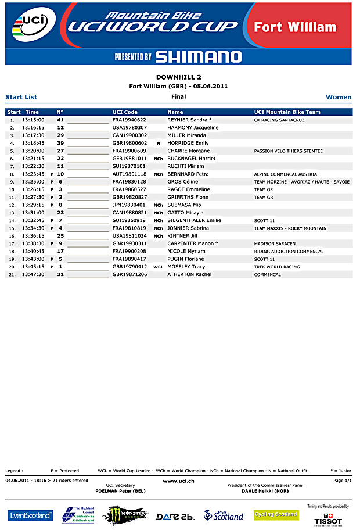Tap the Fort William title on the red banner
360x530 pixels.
295,27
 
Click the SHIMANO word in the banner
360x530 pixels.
198,56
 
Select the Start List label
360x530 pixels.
21,97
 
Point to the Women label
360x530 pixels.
339,97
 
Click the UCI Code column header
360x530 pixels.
125,112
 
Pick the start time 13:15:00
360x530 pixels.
33,120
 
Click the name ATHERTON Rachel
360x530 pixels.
189,274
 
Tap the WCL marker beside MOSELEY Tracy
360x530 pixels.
159,267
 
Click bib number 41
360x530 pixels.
60,120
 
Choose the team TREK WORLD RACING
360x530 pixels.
277,267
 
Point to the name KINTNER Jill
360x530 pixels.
182,236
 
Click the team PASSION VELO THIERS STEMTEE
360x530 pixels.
288,151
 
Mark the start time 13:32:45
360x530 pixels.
33,220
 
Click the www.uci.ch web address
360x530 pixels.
178,481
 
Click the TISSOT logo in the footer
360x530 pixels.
328,520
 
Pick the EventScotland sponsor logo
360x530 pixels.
30,515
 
